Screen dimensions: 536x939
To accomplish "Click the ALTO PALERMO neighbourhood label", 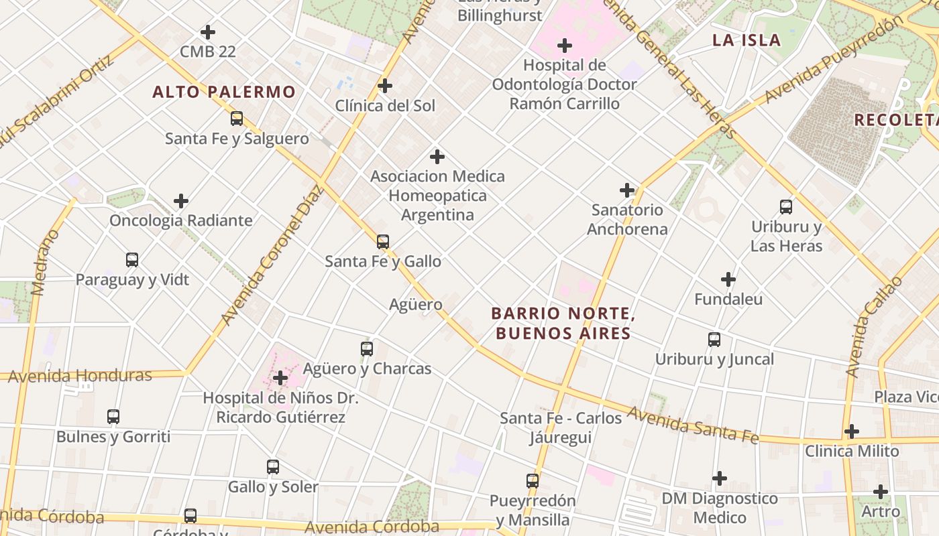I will click(x=224, y=92).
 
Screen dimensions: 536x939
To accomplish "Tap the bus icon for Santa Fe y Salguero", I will click(x=237, y=119).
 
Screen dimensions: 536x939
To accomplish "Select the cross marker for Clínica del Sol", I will click(x=385, y=86).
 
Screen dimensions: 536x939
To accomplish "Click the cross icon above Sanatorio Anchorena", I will click(x=627, y=190).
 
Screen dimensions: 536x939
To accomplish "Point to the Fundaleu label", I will click(x=728, y=299).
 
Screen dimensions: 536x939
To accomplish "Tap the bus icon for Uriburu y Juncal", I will click(x=714, y=340).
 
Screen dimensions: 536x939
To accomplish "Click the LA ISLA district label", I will click(x=747, y=40).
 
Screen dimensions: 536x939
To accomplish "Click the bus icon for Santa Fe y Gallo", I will click(x=383, y=241).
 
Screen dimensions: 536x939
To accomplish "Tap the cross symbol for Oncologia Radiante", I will click(x=181, y=201).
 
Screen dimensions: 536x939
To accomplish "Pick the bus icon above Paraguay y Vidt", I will click(x=132, y=259).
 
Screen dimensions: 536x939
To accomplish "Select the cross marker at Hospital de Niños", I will click(x=280, y=379).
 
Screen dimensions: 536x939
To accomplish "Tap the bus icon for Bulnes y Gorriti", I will click(x=113, y=417).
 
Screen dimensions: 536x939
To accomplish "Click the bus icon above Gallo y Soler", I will click(x=273, y=466).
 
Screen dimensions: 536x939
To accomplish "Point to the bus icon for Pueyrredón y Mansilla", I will click(x=533, y=480).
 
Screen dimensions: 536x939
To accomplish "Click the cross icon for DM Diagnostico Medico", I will click(x=720, y=478).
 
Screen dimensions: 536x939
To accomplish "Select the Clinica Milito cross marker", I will click(x=852, y=431).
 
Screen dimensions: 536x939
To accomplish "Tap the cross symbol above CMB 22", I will click(x=208, y=31).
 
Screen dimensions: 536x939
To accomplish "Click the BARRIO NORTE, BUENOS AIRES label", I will click(x=563, y=323).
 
